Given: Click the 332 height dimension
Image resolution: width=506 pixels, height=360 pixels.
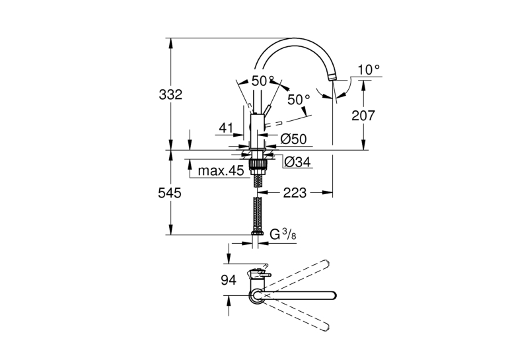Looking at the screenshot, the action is point(170,95).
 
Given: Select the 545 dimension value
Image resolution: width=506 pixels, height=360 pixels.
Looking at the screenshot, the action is point(170,194).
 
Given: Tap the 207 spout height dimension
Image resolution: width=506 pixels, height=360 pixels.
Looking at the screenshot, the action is point(363,116).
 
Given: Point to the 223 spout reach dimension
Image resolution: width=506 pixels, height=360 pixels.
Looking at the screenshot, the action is point(295,193).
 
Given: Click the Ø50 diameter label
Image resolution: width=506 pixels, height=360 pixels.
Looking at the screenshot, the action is point(293,139).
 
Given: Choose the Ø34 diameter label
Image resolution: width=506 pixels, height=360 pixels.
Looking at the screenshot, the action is point(298,162).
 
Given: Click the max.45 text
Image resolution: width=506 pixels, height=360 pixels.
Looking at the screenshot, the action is point(221,170).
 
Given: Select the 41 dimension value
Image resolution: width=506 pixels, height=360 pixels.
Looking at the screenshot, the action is point(226,128).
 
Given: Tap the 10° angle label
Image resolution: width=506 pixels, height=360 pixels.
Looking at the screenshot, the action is point(369,69).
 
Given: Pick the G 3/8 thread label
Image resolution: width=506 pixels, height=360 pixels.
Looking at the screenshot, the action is point(283,234).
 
